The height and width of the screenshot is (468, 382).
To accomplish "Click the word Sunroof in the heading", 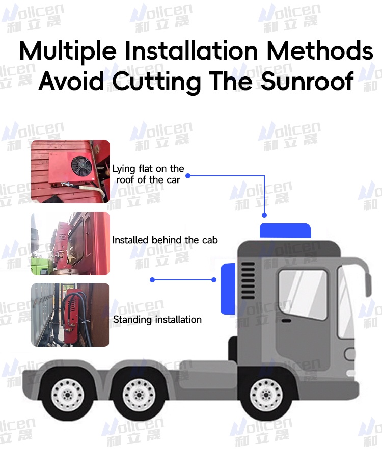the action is [x=307, y=81].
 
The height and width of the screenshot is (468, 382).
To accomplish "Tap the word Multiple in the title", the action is [x=68, y=51].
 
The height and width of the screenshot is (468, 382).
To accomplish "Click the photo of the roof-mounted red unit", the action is [x=70, y=171].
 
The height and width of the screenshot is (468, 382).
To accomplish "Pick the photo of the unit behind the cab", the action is [x=70, y=243].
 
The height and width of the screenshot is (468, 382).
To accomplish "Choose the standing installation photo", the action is [x=70, y=315].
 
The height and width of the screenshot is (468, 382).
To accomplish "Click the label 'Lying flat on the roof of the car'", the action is [x=148, y=174].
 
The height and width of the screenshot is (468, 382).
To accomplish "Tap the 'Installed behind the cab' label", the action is [x=165, y=240].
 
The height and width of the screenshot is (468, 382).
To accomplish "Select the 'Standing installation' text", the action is [x=157, y=320].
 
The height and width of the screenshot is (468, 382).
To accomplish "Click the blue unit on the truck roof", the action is [x=285, y=231].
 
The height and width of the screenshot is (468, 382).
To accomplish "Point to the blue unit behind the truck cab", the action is [x=228, y=289].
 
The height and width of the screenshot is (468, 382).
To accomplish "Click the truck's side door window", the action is [x=303, y=294].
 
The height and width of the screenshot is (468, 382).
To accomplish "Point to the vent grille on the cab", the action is [x=248, y=280].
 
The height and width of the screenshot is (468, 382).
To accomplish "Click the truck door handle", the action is [x=287, y=321].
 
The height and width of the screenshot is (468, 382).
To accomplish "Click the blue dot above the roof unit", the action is [x=264, y=215].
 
